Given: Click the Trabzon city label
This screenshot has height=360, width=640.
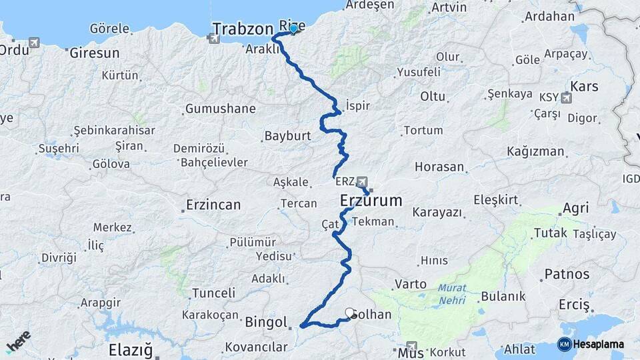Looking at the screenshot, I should (x=243, y=29).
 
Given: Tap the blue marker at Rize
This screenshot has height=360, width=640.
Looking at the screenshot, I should (x=293, y=29).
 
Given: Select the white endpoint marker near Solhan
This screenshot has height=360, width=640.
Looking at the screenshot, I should (x=349, y=312).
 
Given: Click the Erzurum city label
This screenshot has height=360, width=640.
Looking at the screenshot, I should (x=371, y=200).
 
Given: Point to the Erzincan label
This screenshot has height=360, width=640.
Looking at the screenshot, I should (x=213, y=205).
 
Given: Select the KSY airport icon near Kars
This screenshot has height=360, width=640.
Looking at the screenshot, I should (x=567, y=99).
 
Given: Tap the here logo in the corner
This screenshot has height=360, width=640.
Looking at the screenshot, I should (x=18, y=341).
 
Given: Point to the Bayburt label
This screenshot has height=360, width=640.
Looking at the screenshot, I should (x=288, y=135).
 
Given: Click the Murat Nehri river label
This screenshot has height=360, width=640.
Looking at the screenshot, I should (x=453, y=294).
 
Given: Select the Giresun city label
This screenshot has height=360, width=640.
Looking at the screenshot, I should (x=95, y=52).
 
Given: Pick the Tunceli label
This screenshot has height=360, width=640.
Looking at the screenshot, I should (x=213, y=293).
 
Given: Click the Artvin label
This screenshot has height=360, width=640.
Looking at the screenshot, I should (x=449, y=7).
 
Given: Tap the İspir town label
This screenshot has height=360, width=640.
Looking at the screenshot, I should (x=357, y=105).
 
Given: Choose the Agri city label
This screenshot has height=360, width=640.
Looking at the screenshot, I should (x=575, y=209).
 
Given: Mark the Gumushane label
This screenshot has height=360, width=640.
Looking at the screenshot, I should (x=220, y=108).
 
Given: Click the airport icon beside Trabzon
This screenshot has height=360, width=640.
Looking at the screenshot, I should (x=214, y=38).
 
